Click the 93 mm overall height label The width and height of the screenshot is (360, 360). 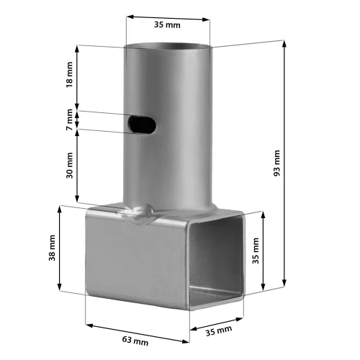276,163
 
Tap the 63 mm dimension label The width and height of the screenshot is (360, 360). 135,341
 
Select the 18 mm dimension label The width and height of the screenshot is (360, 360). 69,75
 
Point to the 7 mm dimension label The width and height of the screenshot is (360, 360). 69,120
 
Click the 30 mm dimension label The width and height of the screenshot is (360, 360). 69,166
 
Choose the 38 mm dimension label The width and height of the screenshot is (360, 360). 52,248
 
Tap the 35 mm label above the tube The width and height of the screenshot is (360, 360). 167,24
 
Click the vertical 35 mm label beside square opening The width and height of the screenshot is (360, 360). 256,251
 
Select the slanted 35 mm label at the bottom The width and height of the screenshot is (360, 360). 219,331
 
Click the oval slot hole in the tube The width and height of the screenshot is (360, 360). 142,125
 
